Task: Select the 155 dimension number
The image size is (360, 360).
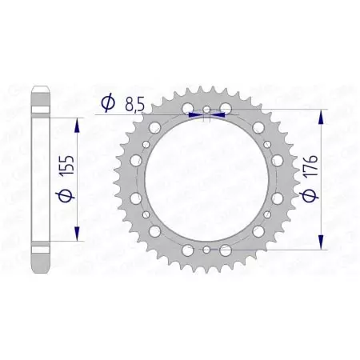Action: tap(61, 178)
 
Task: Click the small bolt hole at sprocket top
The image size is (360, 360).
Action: tap(206, 109)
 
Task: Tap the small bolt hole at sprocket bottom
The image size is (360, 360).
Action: tap(206, 250)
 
